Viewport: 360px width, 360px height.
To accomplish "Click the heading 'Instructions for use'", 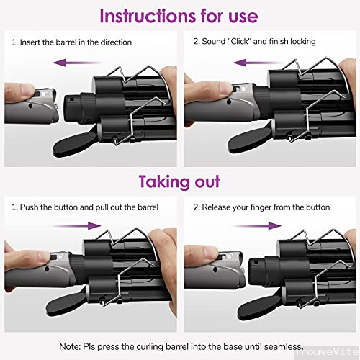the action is click(x=179, y=16).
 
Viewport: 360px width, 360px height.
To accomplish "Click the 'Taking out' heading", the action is click(x=179, y=181).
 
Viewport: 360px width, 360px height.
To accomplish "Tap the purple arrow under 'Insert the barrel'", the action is click(x=77, y=63).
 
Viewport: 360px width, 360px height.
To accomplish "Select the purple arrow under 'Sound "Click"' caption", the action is click(x=258, y=63).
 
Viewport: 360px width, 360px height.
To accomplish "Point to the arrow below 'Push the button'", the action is click(x=76, y=226).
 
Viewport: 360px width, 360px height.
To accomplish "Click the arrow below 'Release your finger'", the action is click(x=256, y=226).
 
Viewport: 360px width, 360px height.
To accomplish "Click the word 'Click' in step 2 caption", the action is click(x=239, y=41).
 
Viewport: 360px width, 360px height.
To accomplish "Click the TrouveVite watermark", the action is click(x=328, y=352).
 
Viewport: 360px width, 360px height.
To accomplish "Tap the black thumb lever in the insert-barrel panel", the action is click(x=75, y=145).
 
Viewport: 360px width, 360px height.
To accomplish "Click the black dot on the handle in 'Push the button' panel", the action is click(x=47, y=269).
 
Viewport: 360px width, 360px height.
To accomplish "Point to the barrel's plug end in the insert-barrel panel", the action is click(x=72, y=106).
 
